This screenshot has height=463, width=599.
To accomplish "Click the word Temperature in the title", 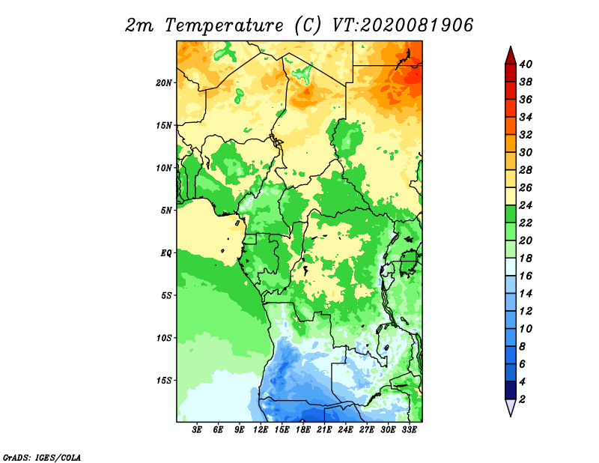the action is (x=224, y=25).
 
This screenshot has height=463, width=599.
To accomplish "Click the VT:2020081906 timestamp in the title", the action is (x=403, y=25).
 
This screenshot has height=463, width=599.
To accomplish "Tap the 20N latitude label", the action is (x=164, y=83).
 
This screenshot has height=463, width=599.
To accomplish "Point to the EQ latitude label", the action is (x=166, y=253).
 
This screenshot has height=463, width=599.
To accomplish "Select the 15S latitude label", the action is (x=164, y=381).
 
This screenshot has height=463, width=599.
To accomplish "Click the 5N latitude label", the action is (x=166, y=211).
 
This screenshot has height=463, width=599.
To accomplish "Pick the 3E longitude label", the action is (x=197, y=430).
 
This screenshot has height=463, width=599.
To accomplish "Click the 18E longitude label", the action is (x=303, y=430).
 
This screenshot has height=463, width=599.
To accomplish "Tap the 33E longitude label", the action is (x=409, y=430).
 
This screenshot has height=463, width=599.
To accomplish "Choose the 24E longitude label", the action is (x=345, y=430).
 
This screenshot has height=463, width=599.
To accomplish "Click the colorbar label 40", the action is (x=526, y=64).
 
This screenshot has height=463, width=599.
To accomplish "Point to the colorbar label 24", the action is (x=526, y=205).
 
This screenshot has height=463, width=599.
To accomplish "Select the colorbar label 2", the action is (x=522, y=399).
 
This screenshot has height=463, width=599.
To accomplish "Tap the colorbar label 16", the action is (x=526, y=276).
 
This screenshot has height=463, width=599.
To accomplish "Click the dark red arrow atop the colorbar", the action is (x=511, y=55).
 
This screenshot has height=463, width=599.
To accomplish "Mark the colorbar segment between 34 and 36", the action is (x=511, y=108).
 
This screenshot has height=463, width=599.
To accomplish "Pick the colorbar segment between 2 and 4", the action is (x=511, y=390).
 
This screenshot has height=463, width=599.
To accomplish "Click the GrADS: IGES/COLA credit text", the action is (x=42, y=457).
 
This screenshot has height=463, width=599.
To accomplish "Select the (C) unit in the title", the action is (x=308, y=25).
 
